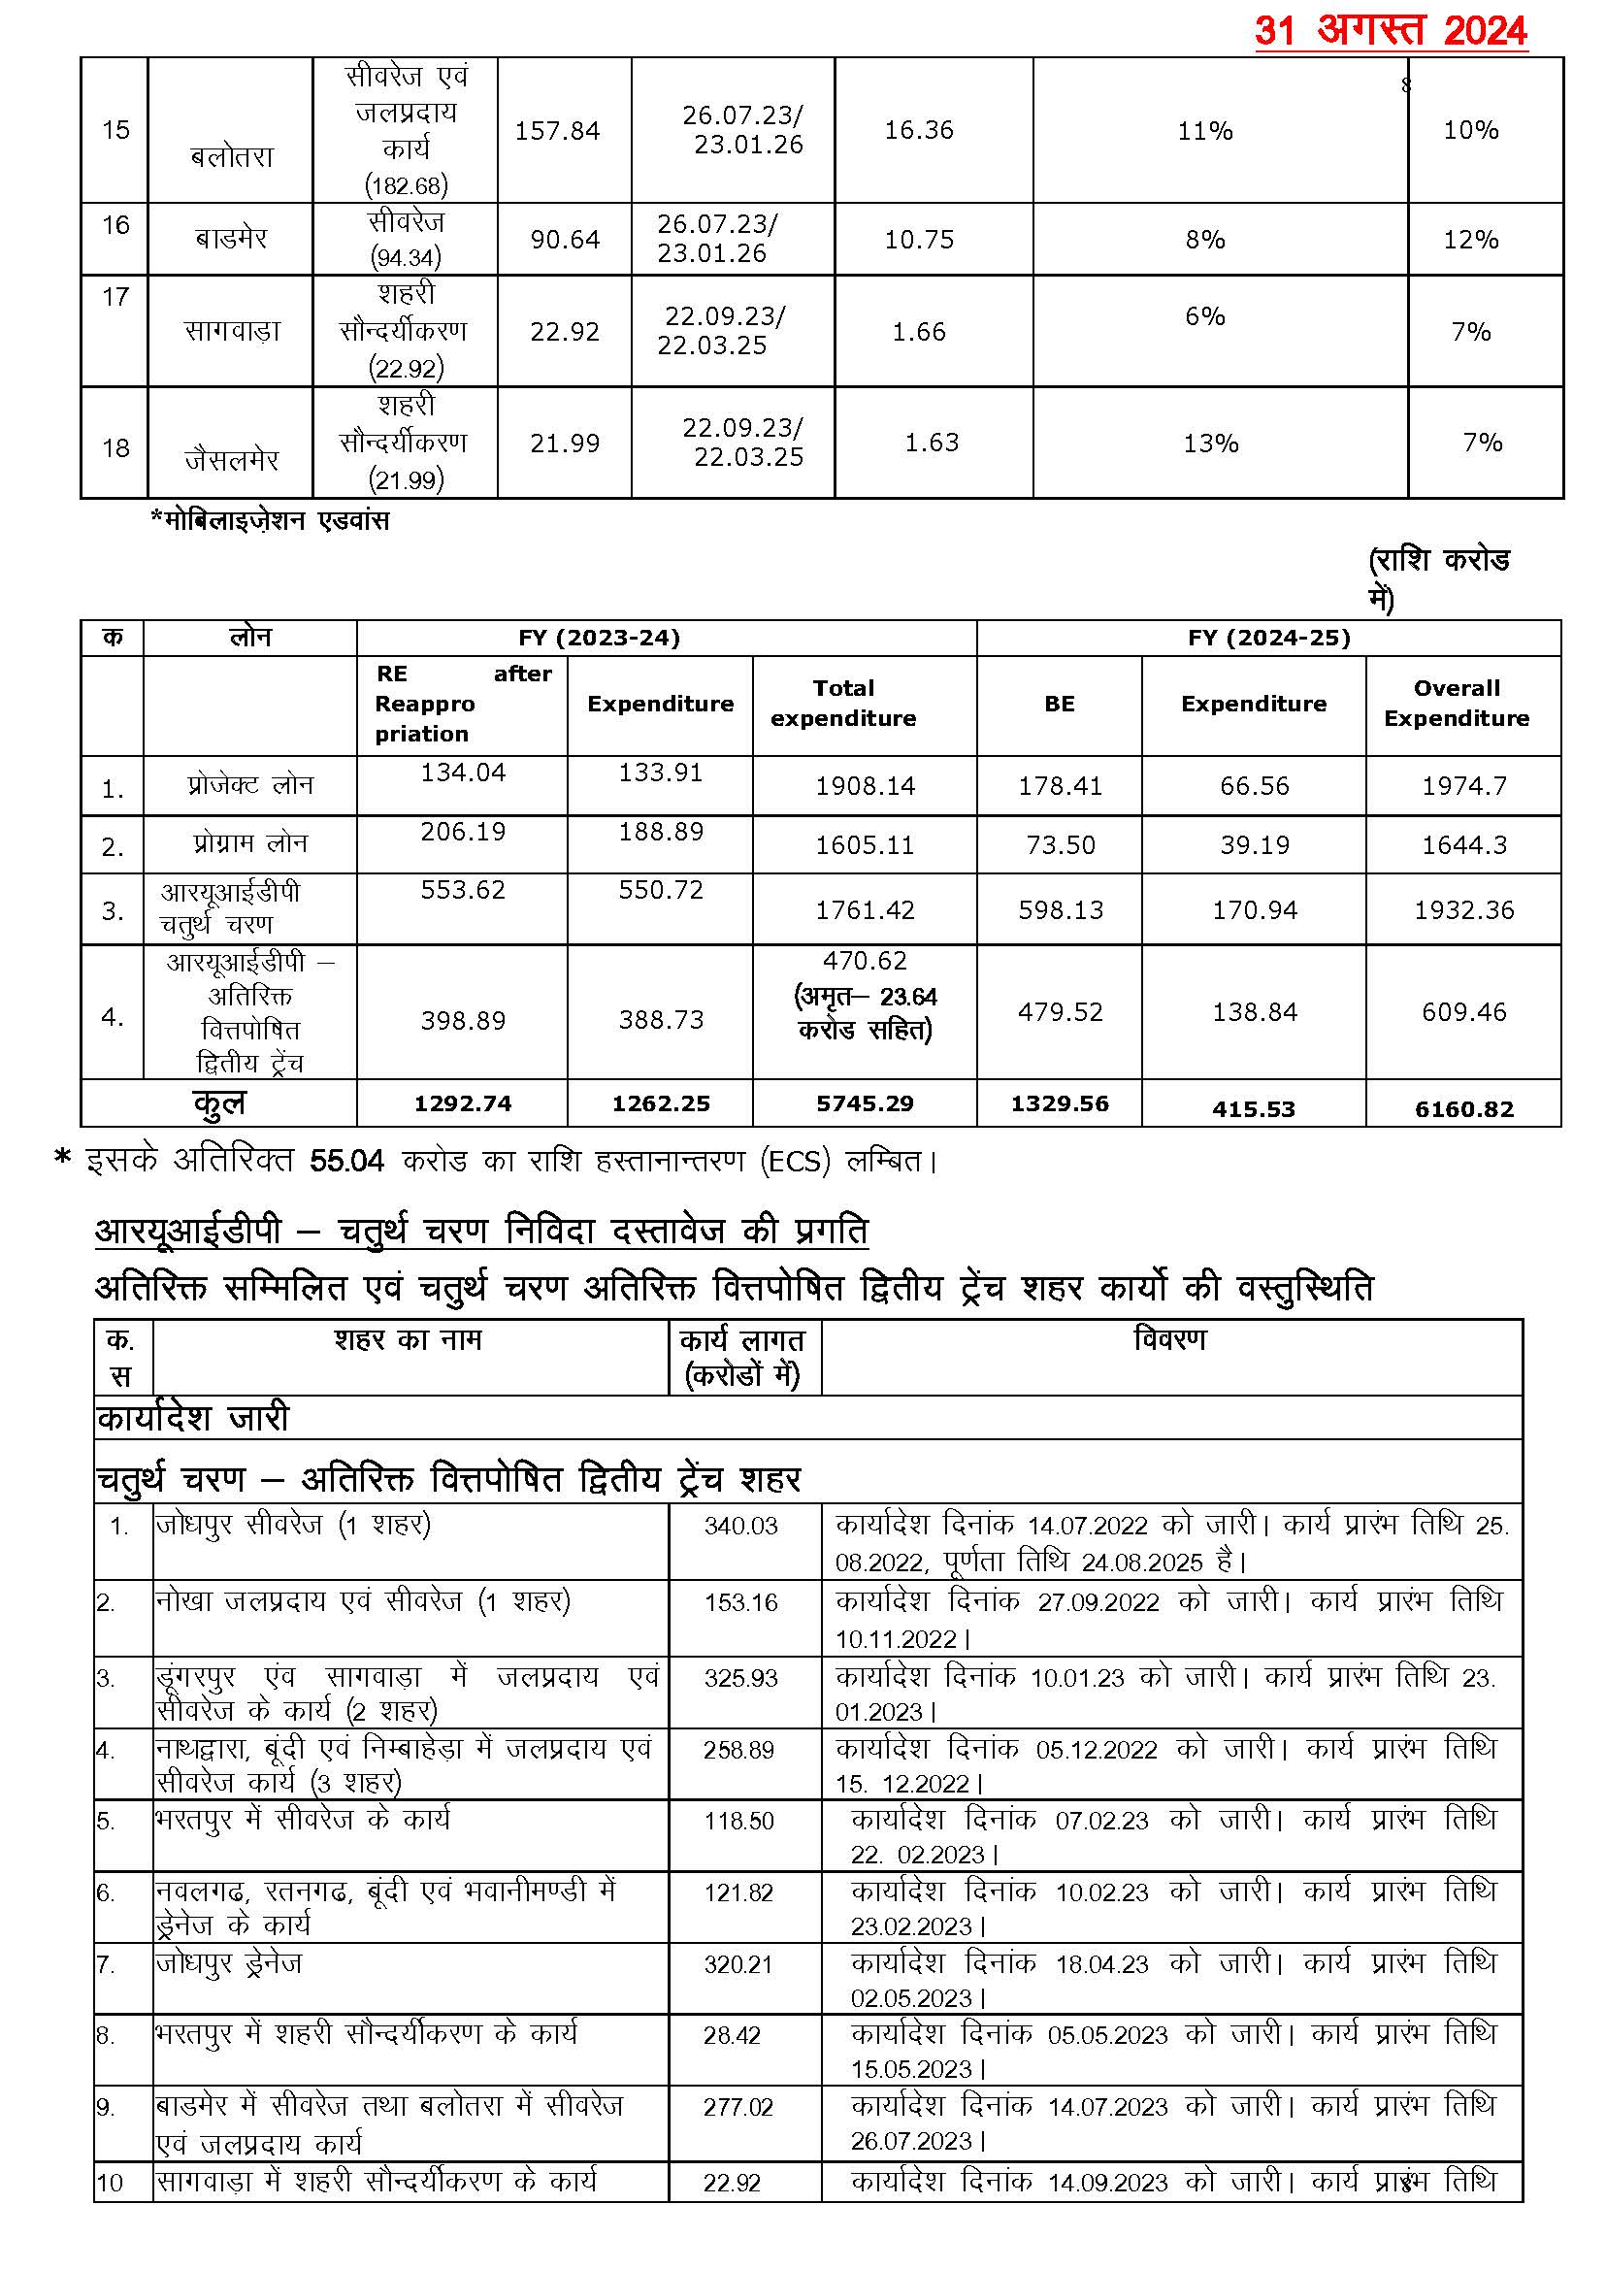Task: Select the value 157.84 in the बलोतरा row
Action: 557,131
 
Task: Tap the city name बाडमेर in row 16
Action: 230,239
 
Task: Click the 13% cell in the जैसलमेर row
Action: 1210,444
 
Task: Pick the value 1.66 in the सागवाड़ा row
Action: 919,331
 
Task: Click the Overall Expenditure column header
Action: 1456,704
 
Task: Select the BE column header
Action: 1059,704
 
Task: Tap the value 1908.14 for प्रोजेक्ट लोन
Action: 865,786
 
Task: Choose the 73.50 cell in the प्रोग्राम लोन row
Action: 1059,844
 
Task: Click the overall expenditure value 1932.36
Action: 1463,910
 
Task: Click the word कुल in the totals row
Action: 218,1103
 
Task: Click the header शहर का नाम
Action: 408,1340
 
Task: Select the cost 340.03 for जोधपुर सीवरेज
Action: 740,1527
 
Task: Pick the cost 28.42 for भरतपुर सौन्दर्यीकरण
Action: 732,2035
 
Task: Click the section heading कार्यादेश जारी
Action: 193,1418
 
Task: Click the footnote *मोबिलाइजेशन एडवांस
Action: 270,520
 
